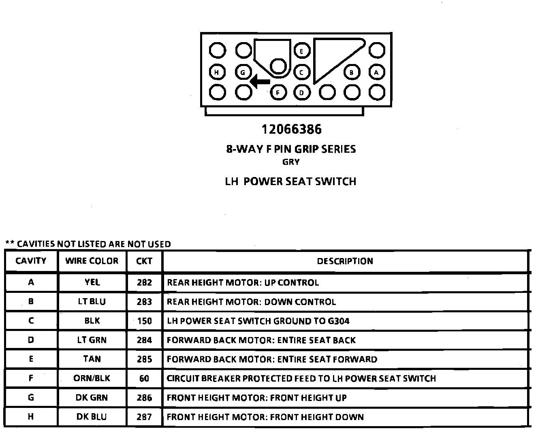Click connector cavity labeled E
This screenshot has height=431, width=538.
(x=301, y=51)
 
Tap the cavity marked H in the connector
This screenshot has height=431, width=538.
(x=217, y=73)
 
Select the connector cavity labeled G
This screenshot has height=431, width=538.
(x=243, y=73)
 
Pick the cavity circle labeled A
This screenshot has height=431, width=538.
(x=377, y=73)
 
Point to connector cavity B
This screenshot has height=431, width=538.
(x=352, y=73)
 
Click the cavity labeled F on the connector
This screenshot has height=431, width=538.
(x=278, y=92)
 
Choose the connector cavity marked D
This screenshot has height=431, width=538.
(x=301, y=92)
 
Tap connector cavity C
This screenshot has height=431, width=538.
(x=301, y=73)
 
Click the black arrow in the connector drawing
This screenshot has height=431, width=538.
(x=260, y=81)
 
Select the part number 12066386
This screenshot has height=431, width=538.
(x=291, y=130)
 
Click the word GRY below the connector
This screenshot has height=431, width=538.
(x=291, y=162)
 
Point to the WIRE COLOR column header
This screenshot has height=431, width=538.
(x=92, y=261)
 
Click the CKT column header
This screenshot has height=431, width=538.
(x=144, y=261)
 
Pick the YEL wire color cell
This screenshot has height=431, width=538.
(x=92, y=282)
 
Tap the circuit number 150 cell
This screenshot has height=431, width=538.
(x=144, y=321)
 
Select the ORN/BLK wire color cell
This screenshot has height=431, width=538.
(x=92, y=379)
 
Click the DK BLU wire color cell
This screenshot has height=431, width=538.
(x=92, y=417)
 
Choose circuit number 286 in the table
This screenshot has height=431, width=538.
(x=144, y=398)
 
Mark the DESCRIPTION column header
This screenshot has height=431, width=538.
(x=345, y=261)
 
